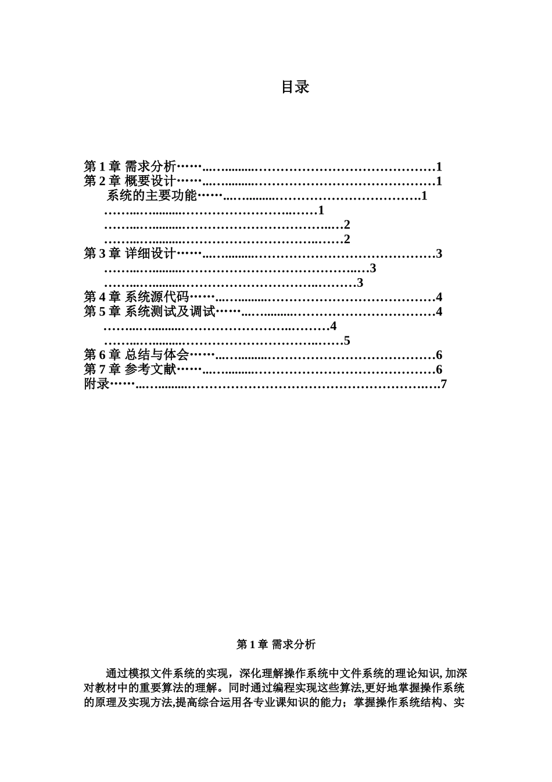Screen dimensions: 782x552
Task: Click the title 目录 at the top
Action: [295, 87]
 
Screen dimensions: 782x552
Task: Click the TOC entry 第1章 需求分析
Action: [130, 166]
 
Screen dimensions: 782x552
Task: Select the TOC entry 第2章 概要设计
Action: [130, 181]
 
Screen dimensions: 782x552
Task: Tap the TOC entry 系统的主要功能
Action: [152, 195]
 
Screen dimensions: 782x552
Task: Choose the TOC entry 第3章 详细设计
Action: [130, 254]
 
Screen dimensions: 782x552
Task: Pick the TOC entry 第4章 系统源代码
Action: [136, 297]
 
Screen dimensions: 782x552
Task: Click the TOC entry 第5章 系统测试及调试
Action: [149, 312]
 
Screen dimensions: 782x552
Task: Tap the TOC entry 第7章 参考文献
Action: [130, 369]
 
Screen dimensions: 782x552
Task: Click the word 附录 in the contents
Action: [96, 384]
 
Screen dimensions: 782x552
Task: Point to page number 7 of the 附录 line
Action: [444, 384]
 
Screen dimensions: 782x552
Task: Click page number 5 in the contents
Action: [347, 341]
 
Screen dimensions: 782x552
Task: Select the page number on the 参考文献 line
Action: [439, 369]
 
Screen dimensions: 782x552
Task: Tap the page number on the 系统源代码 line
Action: [439, 297]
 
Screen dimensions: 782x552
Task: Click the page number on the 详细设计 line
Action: [439, 254]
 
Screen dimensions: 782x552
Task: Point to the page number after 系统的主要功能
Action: [424, 195]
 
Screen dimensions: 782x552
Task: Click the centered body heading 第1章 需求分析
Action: [276, 644]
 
